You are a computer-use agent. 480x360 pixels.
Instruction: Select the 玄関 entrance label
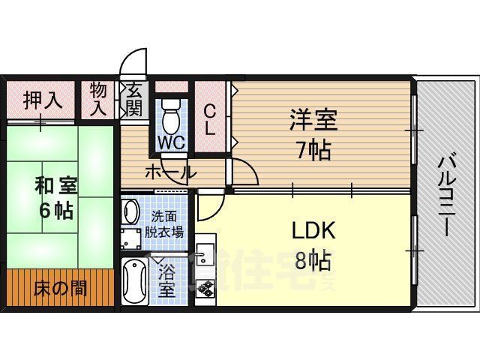click(x=134, y=98)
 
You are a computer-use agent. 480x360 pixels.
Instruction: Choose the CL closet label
click(x=211, y=118)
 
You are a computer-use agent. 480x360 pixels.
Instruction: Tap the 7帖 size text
click(x=313, y=150)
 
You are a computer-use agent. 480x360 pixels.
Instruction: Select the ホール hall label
click(x=171, y=172)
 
